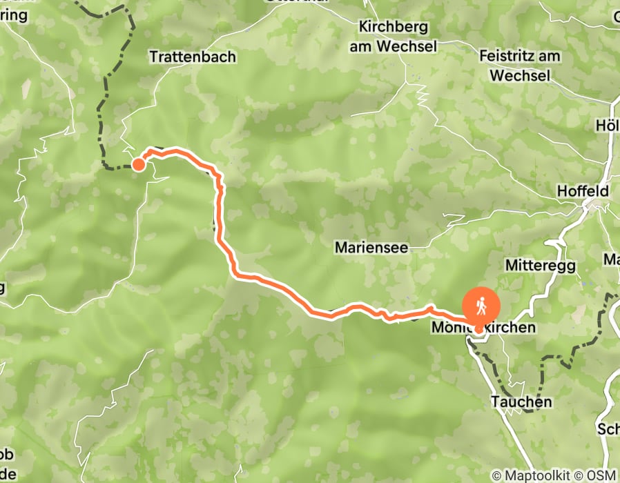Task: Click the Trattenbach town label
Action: [193, 57]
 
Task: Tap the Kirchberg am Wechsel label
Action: [394, 35]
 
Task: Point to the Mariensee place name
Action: [371, 246]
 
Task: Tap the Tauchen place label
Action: [521, 402]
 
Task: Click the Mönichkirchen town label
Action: [483, 327]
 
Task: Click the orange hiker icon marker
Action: [481, 305]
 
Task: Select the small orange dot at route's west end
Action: [138, 164]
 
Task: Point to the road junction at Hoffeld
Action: [590, 204]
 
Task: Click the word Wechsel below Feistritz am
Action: [521, 74]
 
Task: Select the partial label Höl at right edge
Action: [608, 126]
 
